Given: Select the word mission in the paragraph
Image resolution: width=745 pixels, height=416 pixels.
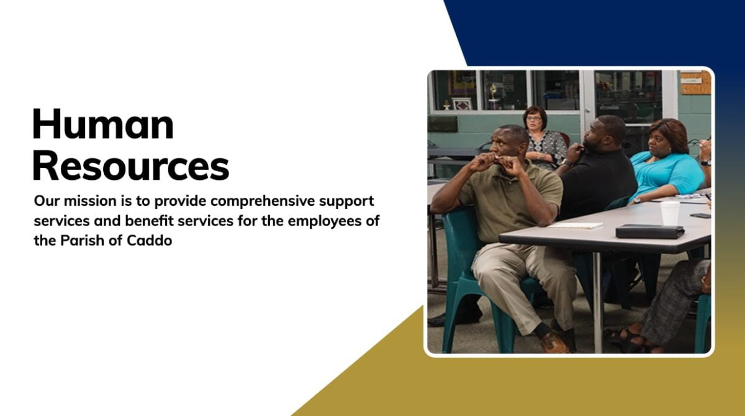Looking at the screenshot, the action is tap(90, 201).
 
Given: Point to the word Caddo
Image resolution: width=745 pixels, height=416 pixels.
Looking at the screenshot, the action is tap(150, 241).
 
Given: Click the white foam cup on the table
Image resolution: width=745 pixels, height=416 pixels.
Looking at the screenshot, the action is tap(670, 213).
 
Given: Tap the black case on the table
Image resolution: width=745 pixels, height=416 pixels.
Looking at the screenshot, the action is tap(650, 231).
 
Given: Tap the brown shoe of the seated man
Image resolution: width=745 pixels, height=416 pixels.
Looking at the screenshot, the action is tap(555, 343).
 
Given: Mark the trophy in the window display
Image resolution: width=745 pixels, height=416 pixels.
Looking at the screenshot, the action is tap(494, 95).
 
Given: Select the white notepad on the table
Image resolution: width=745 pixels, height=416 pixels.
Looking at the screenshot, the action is tap(575, 226).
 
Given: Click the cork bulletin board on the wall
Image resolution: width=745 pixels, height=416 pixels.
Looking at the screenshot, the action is tap(695, 82).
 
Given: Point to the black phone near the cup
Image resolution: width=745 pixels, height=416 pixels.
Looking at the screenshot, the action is tap(700, 216).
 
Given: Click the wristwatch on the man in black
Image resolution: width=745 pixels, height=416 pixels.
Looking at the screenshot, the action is tap(567, 162).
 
